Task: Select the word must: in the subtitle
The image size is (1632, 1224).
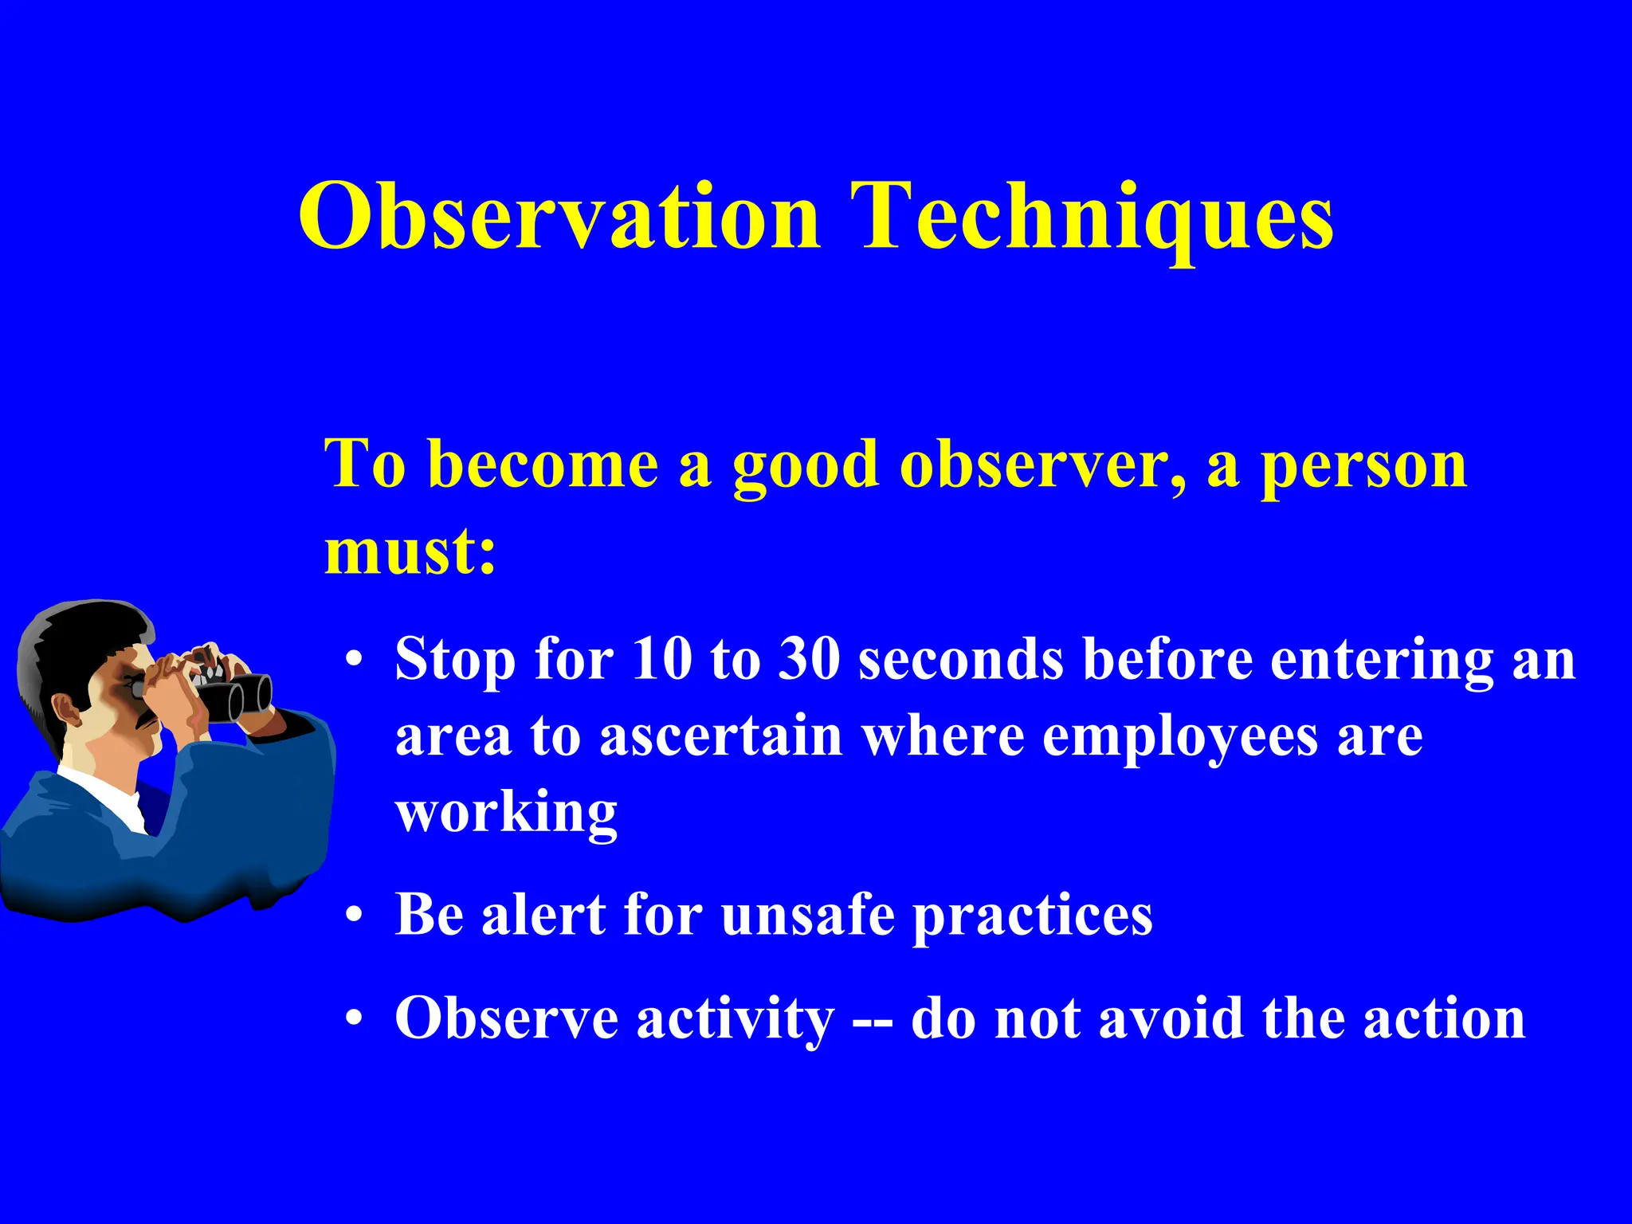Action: click(410, 551)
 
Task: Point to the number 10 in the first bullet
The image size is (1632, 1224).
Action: click(661, 660)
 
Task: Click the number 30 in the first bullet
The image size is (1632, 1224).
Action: click(809, 660)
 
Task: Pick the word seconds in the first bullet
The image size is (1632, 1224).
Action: click(960, 660)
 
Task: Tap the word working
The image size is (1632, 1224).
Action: click(506, 813)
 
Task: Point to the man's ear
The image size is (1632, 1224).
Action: click(67, 709)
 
